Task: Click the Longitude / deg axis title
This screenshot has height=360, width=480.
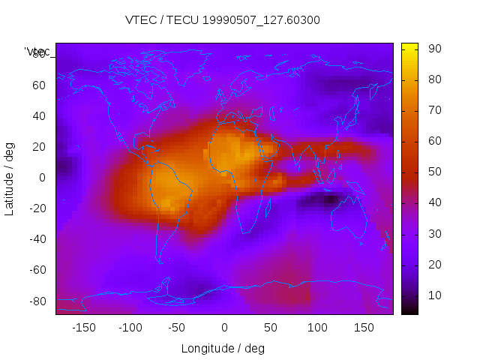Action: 223,348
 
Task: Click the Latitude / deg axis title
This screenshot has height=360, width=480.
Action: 10,178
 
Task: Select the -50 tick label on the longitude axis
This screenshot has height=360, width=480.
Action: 177,328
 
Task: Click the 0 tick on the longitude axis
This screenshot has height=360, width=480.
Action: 223,328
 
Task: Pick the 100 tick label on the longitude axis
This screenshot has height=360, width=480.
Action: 317,328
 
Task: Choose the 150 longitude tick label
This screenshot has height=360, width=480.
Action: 364,328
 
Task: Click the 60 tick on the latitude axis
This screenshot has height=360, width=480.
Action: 38,85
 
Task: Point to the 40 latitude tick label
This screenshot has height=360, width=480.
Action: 38,115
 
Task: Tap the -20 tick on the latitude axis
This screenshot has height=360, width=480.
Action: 36,208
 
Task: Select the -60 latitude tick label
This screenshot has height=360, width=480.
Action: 36,270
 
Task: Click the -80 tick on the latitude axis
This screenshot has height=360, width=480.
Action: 36,301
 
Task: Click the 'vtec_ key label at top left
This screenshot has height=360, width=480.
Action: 37,51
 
